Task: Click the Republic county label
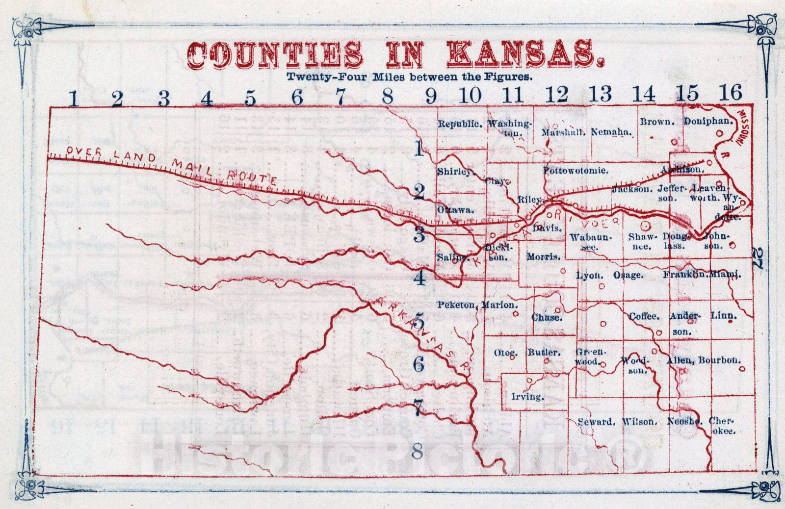459,124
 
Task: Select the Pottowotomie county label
576,171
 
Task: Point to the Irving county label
527,396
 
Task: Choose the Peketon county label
456,305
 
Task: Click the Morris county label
543,257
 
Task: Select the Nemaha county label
611,132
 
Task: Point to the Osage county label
628,276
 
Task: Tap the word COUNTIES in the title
276,54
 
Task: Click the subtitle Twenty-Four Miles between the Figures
409,77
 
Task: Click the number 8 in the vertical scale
417,451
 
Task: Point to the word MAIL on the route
193,167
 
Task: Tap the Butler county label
544,353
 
